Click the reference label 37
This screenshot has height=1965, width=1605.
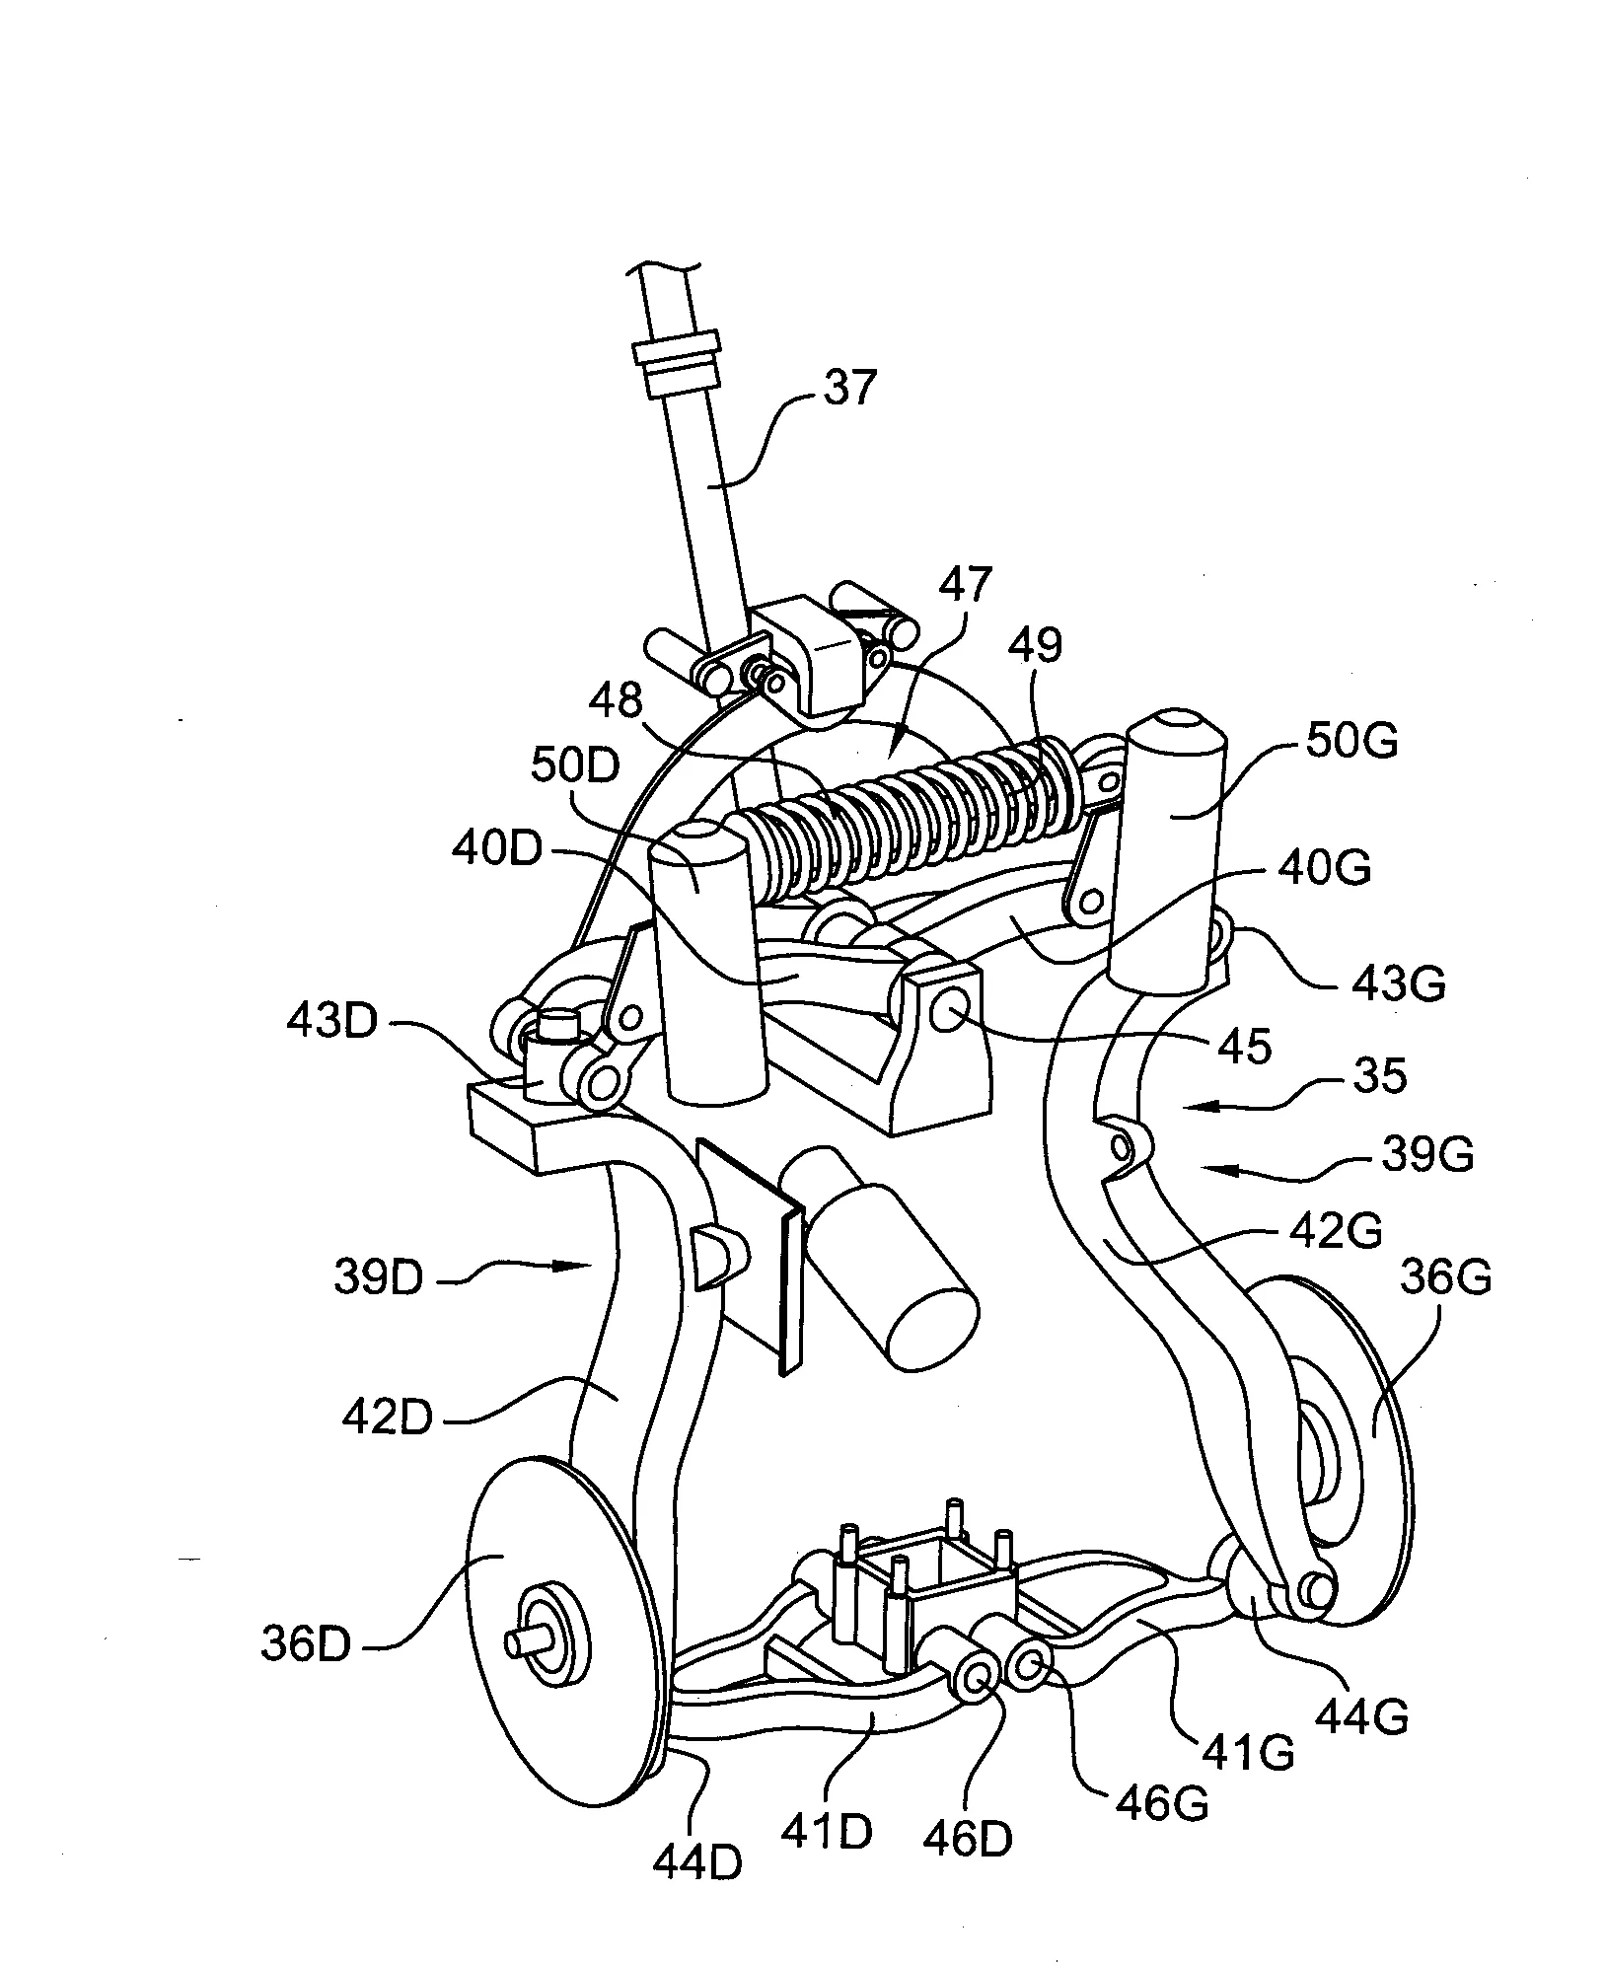coord(847,388)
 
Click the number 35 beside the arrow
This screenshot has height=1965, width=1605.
coord(1379,1076)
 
